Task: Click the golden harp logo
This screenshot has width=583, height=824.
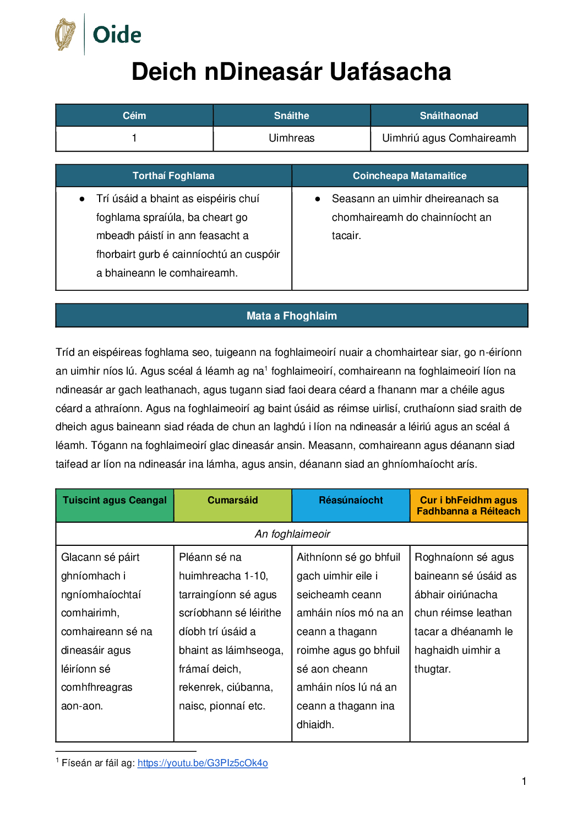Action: [x=65, y=34]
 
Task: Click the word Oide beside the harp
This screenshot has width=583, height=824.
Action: [x=117, y=35]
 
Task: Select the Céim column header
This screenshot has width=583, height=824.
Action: [x=134, y=116]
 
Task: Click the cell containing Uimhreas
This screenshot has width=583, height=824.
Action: [x=291, y=138]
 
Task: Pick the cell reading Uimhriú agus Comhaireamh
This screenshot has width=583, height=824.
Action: [x=449, y=138]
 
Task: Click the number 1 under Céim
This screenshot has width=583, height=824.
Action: [x=134, y=138]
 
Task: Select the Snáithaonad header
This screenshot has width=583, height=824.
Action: [x=449, y=116]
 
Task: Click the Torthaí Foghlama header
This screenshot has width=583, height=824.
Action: [x=173, y=176]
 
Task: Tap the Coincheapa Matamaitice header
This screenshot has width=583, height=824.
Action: [x=410, y=176]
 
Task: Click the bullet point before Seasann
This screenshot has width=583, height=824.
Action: [x=318, y=199]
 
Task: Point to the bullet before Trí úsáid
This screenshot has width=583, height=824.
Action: [x=82, y=199]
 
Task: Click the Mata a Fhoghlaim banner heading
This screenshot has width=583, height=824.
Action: [x=291, y=316]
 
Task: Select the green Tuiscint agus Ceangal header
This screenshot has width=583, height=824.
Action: [x=115, y=500]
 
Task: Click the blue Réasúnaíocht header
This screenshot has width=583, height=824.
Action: [x=351, y=500]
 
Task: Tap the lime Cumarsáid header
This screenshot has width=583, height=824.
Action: [x=232, y=500]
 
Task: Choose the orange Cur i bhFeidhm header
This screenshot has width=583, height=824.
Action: [x=468, y=506]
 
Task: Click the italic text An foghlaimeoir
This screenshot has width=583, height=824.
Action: [x=292, y=534]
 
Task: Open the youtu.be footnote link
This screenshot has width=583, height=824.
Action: [x=203, y=763]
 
